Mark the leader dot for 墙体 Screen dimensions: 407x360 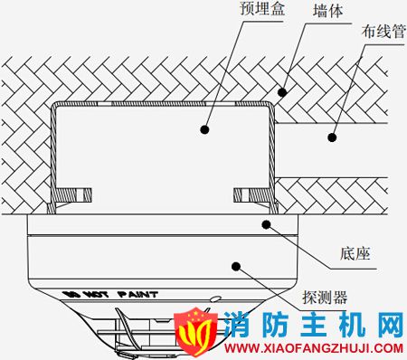[x=282, y=91]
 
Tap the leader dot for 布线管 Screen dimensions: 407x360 [x=330, y=138]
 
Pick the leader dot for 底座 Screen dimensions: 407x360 [x=265, y=222]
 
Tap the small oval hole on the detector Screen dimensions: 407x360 [x=214, y=298]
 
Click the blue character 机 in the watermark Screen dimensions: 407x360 [x=351, y=323]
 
